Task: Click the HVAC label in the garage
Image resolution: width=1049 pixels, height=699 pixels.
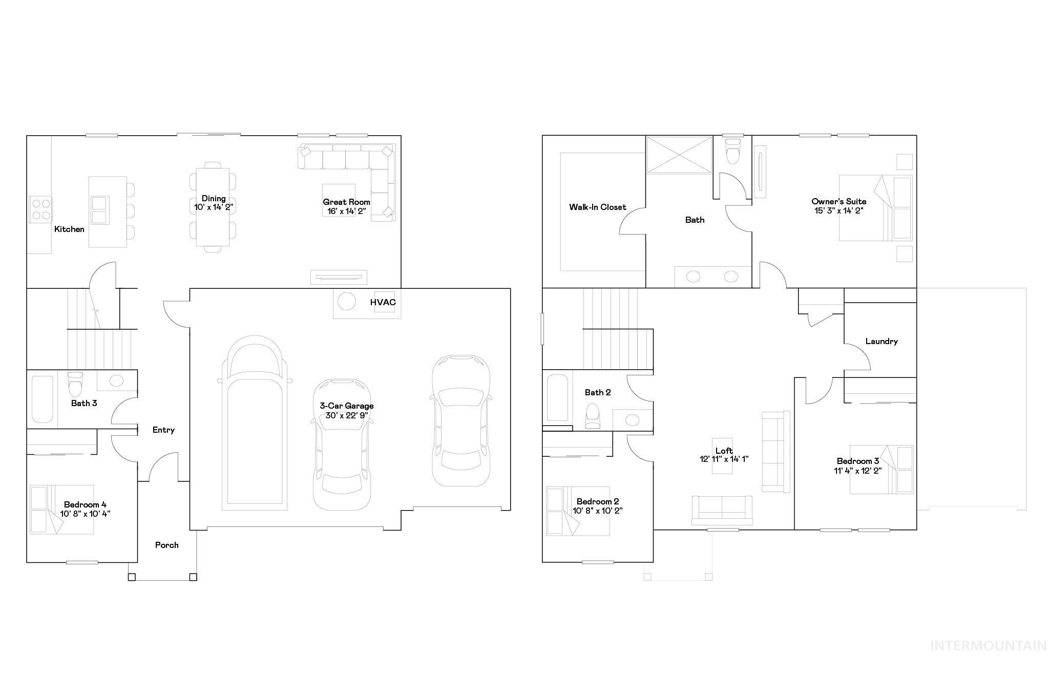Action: coord(383,302)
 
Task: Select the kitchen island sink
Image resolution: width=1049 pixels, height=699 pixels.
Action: coord(99,210)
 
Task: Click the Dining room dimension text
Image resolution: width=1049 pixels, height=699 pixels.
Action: coord(214,207)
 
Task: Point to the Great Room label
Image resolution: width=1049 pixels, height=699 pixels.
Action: coord(346,202)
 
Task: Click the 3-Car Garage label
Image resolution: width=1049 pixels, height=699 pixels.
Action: coord(346,406)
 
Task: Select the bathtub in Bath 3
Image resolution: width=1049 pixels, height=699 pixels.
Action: coord(42,399)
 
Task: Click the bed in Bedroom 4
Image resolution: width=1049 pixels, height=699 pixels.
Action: coord(61,510)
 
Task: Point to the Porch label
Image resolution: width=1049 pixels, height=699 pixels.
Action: coord(167,545)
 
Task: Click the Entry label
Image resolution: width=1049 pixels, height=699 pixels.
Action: coord(163,430)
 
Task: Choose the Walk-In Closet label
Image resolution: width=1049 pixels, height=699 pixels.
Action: coord(597,207)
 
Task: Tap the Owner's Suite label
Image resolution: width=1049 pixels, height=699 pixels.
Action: coord(838,201)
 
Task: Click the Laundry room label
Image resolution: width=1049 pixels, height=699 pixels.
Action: coord(881,341)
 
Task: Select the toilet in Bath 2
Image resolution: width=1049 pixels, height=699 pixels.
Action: coord(593,416)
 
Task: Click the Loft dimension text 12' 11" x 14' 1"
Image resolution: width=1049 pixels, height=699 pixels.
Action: coord(724,459)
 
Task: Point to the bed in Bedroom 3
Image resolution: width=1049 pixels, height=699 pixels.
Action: coord(881,470)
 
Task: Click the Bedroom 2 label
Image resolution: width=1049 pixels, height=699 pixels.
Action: coord(597,501)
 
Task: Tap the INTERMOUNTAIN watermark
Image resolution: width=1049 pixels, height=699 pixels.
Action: coord(988,646)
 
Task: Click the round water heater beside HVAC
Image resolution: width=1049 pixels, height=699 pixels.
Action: coord(346,301)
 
